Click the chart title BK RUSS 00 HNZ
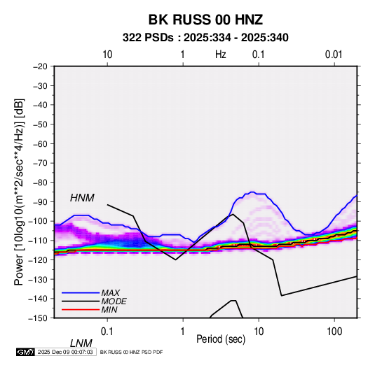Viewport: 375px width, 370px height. point(205,20)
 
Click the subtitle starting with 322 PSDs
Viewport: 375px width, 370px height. point(205,38)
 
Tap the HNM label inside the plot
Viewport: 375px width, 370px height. point(82,198)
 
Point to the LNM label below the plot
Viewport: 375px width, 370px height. point(81,343)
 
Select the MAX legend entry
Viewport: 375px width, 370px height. point(110,292)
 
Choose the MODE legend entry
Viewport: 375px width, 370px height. point(114,301)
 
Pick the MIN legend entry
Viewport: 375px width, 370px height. point(109,310)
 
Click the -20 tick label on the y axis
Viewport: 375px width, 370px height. point(40,66)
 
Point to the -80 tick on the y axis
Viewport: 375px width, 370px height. point(40,183)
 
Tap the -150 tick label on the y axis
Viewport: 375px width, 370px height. point(39,318)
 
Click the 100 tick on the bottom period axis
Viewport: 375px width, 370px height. point(334,332)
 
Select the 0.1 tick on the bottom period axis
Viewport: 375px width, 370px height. point(107,332)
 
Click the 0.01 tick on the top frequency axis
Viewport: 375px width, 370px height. point(334,55)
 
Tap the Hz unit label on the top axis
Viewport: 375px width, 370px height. point(221,55)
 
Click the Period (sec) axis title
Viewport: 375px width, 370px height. point(221,339)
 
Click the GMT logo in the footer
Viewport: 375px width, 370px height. point(26,352)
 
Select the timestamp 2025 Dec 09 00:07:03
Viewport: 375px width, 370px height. point(65,352)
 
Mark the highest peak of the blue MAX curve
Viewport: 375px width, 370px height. point(252,192)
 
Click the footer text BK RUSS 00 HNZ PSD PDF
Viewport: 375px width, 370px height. point(131,352)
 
